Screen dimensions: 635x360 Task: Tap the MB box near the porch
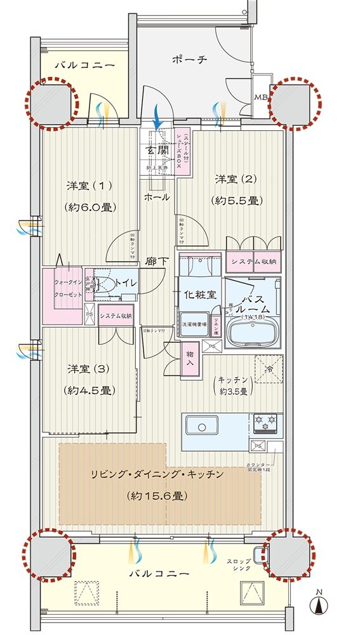tap(261, 97)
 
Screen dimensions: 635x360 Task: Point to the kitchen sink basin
tap(202, 425)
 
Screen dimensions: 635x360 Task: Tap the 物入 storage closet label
tap(189, 359)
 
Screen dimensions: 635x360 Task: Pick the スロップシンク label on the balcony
tap(240, 565)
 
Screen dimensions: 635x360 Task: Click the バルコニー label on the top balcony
tap(83, 65)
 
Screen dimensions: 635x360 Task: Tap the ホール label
tap(157, 197)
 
